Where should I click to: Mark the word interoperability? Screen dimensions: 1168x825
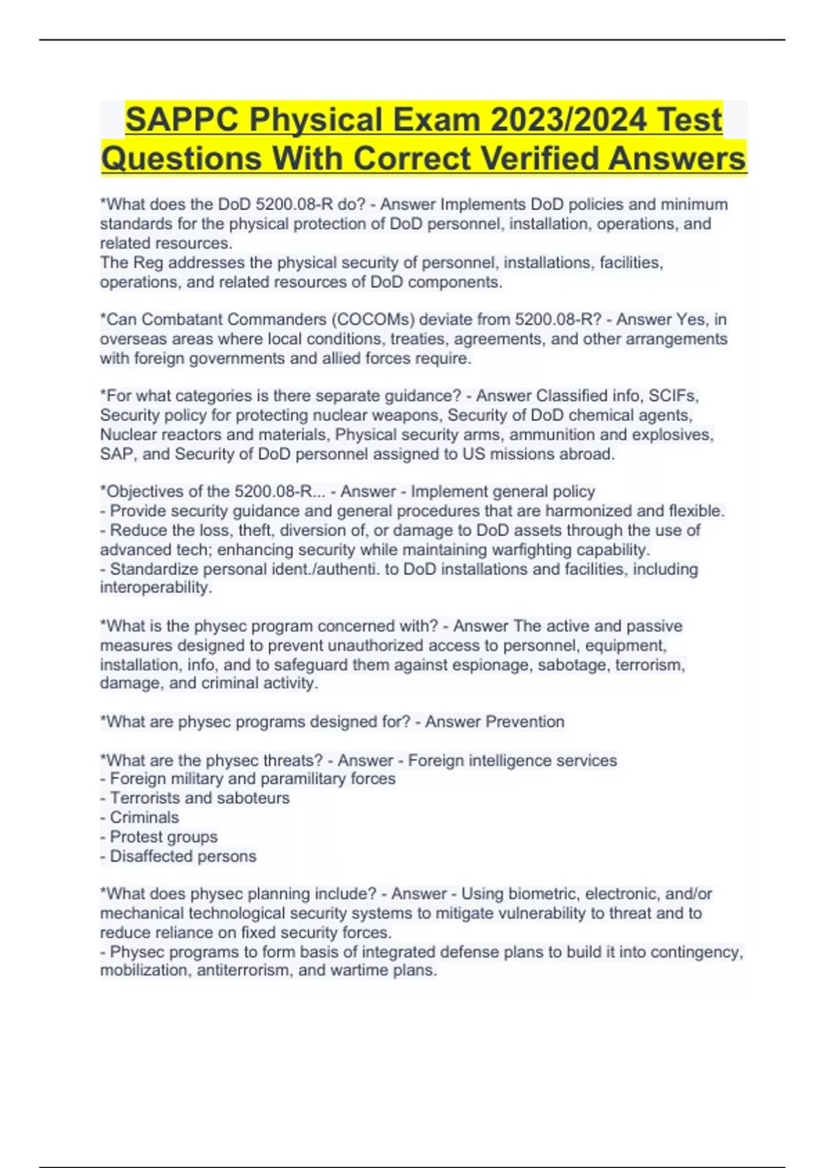coord(155,587)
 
